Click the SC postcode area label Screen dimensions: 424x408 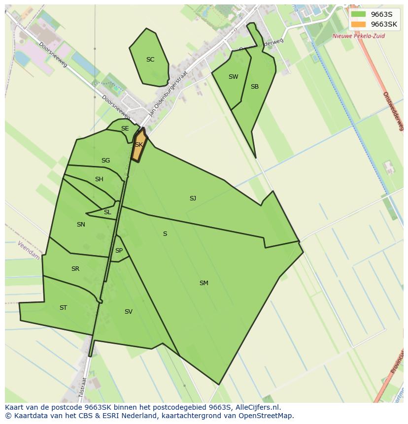click(x=150, y=60)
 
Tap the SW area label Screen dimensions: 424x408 click(x=233, y=77)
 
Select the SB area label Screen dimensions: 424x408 click(x=254, y=87)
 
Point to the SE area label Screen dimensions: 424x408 click(x=125, y=129)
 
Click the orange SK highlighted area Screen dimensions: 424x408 click(x=139, y=145)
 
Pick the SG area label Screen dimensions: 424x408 click(x=105, y=161)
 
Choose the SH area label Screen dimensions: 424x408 click(x=99, y=179)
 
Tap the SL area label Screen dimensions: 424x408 click(x=107, y=212)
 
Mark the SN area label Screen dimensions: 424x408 click(x=81, y=225)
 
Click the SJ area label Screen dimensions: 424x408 click(x=193, y=198)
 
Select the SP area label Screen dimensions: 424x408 click(x=119, y=251)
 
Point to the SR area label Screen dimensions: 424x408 click(x=75, y=269)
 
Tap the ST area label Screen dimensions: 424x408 click(x=63, y=308)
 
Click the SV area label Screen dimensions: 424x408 click(x=128, y=312)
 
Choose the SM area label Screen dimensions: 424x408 click(x=204, y=283)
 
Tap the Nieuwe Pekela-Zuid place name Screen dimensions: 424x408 click(x=358, y=36)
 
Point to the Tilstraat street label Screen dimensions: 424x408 click(x=83, y=387)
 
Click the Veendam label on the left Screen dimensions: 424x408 click(x=28, y=250)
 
